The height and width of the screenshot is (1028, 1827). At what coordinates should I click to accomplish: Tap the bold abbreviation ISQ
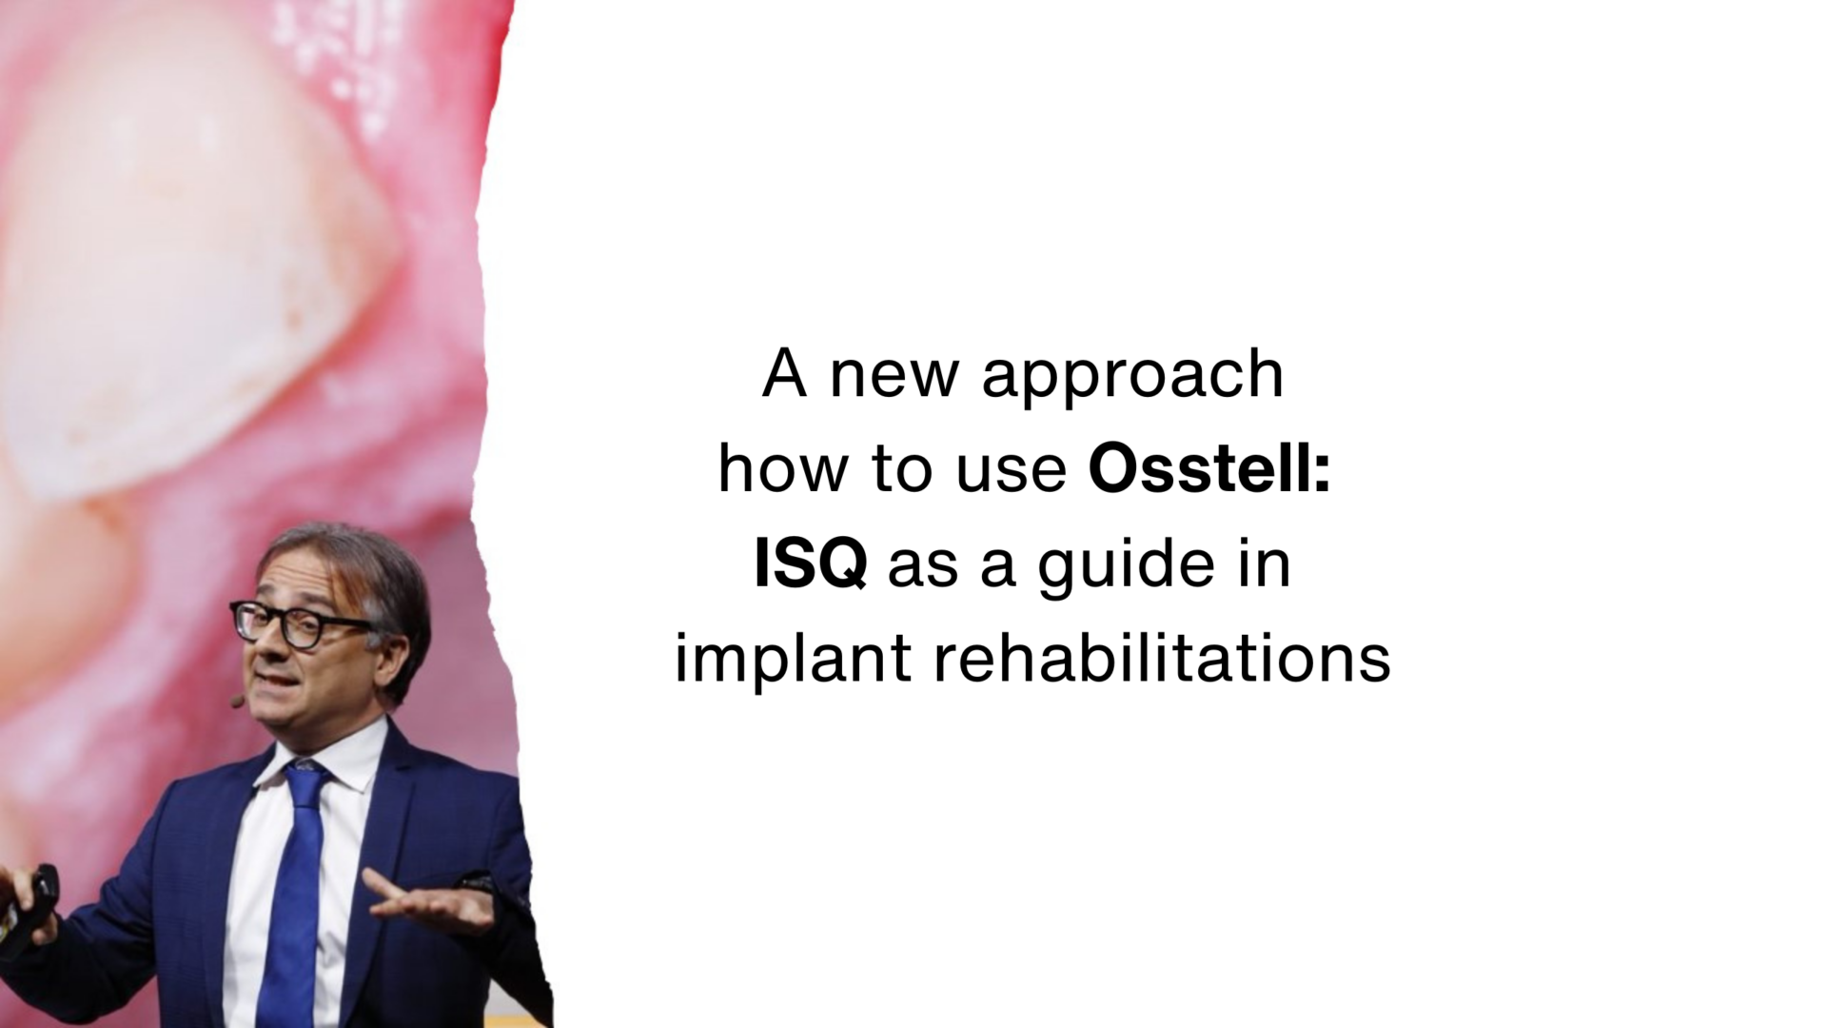click(810, 563)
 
